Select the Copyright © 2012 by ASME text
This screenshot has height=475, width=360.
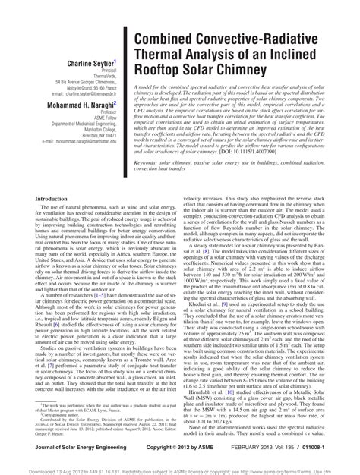[188, 451]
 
